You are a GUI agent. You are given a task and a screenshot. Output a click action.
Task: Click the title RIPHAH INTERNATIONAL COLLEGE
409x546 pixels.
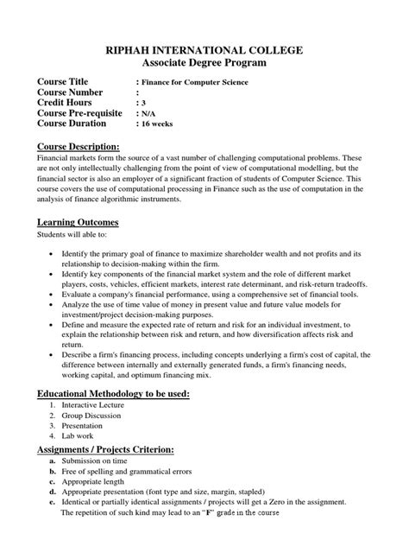pos(204,51)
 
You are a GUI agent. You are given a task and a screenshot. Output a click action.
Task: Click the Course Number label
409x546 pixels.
pos(74,92)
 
